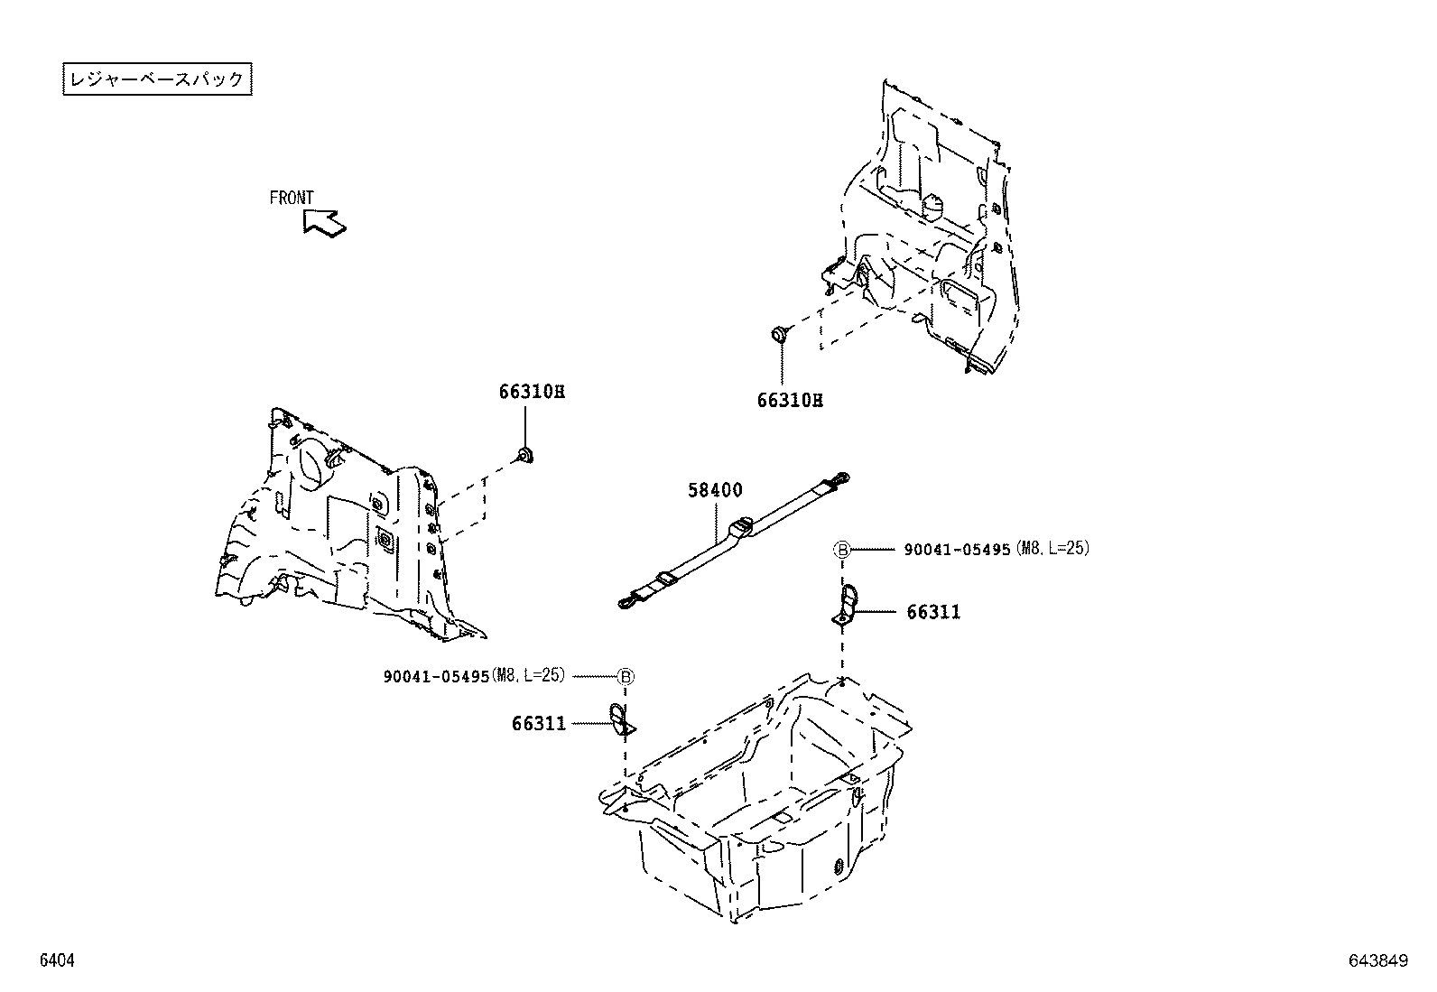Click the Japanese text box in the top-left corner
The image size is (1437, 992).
point(157,79)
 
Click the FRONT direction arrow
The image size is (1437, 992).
point(322,222)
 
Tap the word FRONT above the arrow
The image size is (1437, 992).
point(292,198)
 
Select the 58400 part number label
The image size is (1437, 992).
point(715,490)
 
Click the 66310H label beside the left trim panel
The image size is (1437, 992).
point(531,392)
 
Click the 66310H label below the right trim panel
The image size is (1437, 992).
point(790,400)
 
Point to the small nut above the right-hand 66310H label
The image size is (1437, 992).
point(779,336)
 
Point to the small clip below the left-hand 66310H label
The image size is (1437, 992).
point(524,454)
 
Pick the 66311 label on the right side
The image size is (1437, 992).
point(933,612)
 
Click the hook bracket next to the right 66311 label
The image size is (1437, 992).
point(846,603)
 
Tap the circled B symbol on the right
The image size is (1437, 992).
point(841,549)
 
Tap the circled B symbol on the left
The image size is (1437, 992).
point(626,676)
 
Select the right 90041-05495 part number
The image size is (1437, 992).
point(957,549)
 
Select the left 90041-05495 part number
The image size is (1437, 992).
point(437,676)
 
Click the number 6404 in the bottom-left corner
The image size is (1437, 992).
point(56,962)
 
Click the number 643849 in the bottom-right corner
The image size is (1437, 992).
point(1378,962)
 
